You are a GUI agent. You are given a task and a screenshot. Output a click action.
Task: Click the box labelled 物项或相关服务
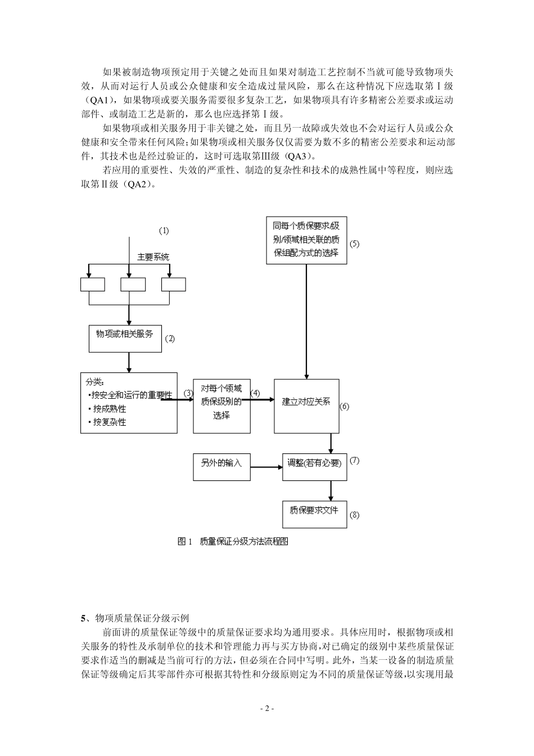coord(125,337)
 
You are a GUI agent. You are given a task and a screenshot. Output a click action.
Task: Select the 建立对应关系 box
coord(306,406)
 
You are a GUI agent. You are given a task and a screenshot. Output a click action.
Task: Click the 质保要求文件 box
coord(314,514)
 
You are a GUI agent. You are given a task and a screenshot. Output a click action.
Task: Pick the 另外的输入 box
coord(221,466)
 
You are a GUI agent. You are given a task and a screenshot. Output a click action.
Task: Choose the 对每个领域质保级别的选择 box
coord(221,406)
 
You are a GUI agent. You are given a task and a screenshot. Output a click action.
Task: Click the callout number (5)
coord(354,244)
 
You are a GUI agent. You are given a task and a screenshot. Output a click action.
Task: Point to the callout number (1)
coord(164,231)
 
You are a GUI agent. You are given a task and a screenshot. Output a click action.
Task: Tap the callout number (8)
coord(354,515)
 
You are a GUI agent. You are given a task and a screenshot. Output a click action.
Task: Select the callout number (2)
coord(169,339)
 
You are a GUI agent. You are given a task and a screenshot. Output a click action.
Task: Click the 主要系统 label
coord(153,257)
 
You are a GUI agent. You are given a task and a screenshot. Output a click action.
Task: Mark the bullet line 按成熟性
coord(110,408)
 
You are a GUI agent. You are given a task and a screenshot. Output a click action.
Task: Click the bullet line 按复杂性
coord(110,422)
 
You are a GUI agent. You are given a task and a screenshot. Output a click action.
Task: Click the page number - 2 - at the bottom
coord(267,708)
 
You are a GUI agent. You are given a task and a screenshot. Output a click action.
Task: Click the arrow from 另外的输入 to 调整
coord(266,467)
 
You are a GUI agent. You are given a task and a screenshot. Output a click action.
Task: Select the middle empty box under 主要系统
coord(133,285)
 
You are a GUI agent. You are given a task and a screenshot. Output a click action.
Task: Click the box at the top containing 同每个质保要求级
coord(306,240)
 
